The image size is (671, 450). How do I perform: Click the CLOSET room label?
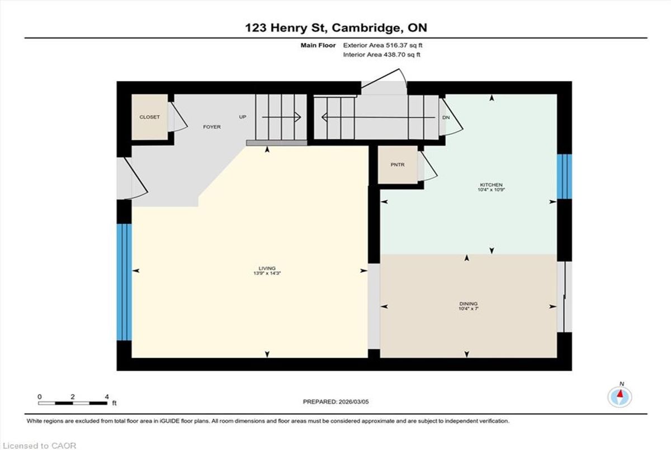point(149,117)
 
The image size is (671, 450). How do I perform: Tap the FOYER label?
point(212,127)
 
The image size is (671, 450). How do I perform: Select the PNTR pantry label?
point(398,165)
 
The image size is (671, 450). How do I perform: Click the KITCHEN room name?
point(492,184)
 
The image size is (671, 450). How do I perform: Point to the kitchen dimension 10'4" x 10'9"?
point(492,190)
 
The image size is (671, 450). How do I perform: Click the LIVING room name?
point(267,268)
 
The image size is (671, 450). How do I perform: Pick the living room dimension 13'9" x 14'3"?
point(267,273)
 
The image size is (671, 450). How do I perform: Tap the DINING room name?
point(469,304)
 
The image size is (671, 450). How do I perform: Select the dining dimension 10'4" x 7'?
point(469,309)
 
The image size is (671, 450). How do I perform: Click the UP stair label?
point(243,117)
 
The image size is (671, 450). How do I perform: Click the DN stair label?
point(446,117)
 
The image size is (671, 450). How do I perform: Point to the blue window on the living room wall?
point(124,282)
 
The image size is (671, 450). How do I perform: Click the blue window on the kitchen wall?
point(564,176)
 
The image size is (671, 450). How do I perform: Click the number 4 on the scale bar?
point(107,397)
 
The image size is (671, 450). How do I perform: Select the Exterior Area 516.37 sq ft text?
point(382,45)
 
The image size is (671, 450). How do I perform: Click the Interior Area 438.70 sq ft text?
point(381,54)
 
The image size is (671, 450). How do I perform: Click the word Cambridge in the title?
point(366,28)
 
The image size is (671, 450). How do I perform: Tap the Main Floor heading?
point(318,45)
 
